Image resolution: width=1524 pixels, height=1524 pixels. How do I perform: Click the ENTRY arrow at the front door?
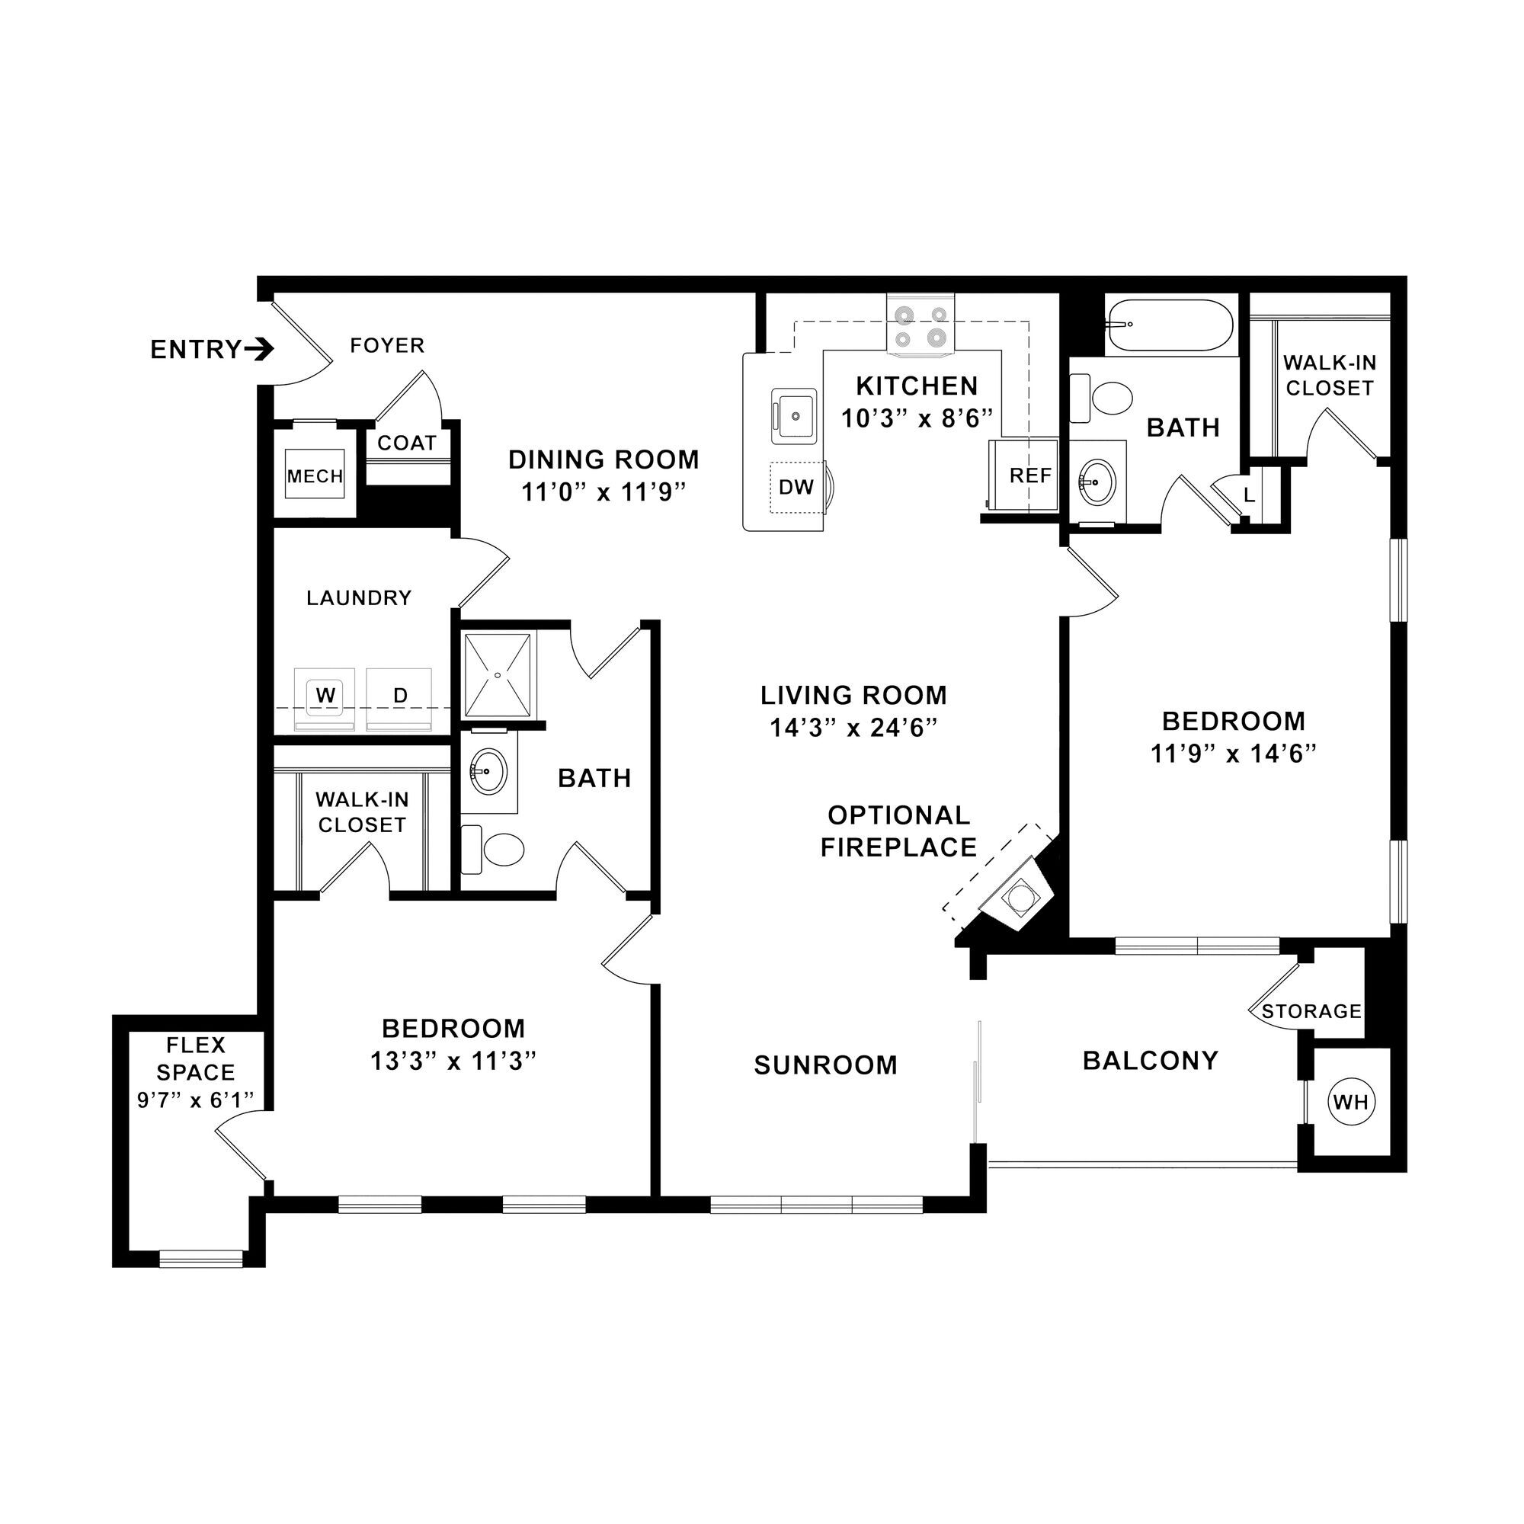pyautogui.click(x=259, y=349)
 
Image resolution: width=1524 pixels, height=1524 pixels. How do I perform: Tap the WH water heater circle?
pyautogui.click(x=1350, y=1102)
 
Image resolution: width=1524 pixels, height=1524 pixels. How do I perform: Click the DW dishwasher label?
pyautogui.click(x=796, y=488)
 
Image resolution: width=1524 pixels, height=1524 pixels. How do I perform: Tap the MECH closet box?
pyautogui.click(x=315, y=475)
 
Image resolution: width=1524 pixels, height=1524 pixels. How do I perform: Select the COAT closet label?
pyautogui.click(x=406, y=443)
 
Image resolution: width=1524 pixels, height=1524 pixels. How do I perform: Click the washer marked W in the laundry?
pyautogui.click(x=325, y=696)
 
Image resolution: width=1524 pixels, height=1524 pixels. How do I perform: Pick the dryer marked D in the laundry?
pyautogui.click(x=400, y=696)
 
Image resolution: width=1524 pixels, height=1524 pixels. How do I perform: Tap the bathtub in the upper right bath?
pyautogui.click(x=1169, y=325)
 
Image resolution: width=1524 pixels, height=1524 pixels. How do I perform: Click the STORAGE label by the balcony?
pyautogui.click(x=1311, y=1011)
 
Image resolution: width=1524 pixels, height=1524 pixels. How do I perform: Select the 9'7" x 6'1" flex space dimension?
pyautogui.click(x=196, y=1100)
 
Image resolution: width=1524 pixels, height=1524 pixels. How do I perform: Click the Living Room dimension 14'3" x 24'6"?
pyautogui.click(x=853, y=728)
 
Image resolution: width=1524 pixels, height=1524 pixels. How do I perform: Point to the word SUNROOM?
pyautogui.click(x=825, y=1066)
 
